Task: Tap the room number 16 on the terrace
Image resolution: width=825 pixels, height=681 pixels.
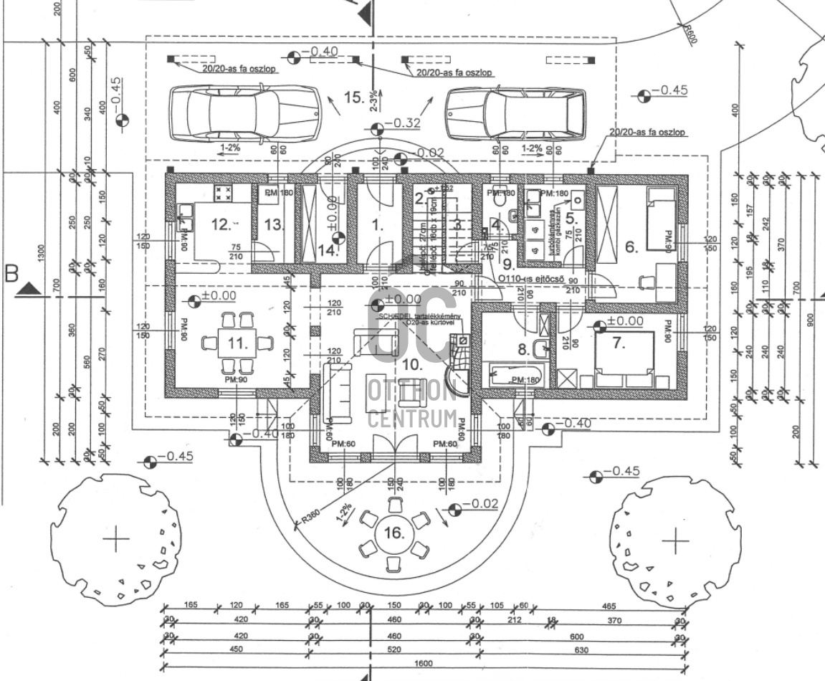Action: point(394,533)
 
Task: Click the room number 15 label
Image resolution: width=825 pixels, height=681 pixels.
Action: point(354,97)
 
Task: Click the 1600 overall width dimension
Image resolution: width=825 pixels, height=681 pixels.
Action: point(423,664)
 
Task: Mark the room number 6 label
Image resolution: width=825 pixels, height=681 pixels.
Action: point(631,247)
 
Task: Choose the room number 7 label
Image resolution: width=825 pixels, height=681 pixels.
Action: point(618,343)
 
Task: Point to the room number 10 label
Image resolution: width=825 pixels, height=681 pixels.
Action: point(411,364)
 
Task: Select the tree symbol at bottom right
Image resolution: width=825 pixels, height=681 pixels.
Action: point(674,540)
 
